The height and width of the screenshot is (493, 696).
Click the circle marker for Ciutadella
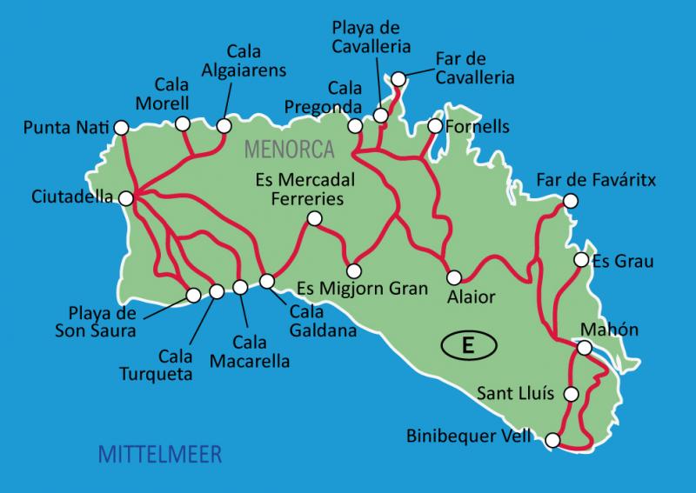point(128,197)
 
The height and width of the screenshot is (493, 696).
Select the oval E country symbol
point(468,345)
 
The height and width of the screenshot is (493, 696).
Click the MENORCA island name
point(290,149)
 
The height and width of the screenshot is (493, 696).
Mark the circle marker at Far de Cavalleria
point(398,79)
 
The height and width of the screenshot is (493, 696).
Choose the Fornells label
point(477,128)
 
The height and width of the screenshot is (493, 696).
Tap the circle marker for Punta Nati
point(121,128)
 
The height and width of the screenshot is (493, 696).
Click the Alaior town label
point(471,296)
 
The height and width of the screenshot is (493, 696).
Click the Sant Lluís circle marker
point(571,394)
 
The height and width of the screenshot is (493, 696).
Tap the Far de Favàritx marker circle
point(571,201)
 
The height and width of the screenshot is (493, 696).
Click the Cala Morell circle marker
point(183,124)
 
